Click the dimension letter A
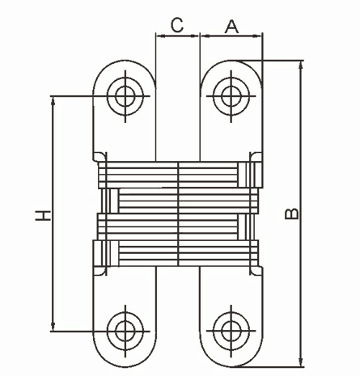coord(231,25)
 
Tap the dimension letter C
coord(176,24)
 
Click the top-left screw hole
coord(125,95)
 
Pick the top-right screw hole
coord(231,95)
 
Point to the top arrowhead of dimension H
coord(53,99)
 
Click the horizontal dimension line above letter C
coord(176,36)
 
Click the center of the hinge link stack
coord(178,214)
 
